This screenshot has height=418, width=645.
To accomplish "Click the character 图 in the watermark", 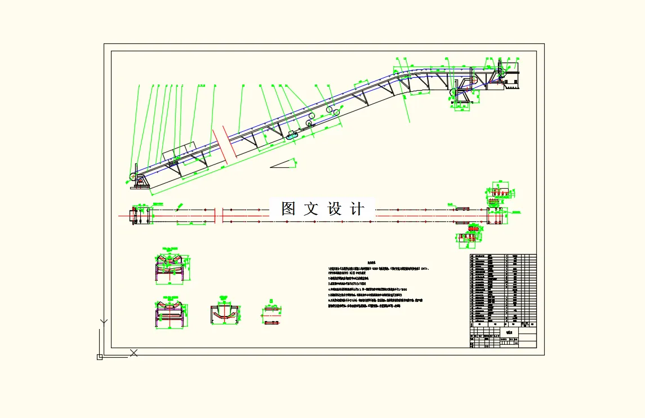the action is click(288, 209).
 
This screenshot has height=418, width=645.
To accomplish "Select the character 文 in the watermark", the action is click(311, 209).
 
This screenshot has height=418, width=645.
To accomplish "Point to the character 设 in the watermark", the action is click(335, 209).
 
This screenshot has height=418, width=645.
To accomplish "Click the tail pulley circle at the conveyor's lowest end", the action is click(134, 177).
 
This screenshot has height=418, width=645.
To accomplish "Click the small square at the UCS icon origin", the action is click(100, 357).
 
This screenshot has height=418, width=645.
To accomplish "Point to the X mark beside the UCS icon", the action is click(134, 353).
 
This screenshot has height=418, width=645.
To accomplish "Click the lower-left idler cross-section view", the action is click(171, 313).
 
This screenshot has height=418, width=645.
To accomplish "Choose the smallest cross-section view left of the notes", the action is click(272, 316).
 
